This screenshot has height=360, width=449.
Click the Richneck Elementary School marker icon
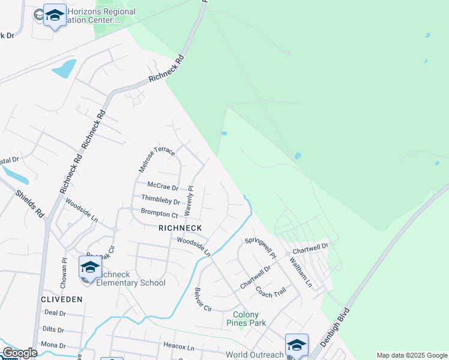click(x=90, y=268)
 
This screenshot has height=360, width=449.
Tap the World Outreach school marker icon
click(x=297, y=345)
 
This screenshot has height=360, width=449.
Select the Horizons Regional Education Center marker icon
click(x=55, y=16)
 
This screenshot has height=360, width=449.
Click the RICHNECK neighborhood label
click(x=180, y=228)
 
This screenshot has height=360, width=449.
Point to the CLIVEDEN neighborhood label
click(x=61, y=298)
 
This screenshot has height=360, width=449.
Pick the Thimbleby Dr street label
click(x=160, y=199)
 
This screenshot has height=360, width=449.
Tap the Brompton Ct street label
click(x=159, y=213)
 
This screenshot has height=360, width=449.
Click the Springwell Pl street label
click(x=259, y=248)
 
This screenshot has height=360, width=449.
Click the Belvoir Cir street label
click(x=202, y=299)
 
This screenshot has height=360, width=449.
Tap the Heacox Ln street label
click(x=179, y=347)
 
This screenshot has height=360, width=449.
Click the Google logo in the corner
click(x=20, y=353)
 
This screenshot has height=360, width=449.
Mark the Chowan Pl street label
click(x=64, y=266)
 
